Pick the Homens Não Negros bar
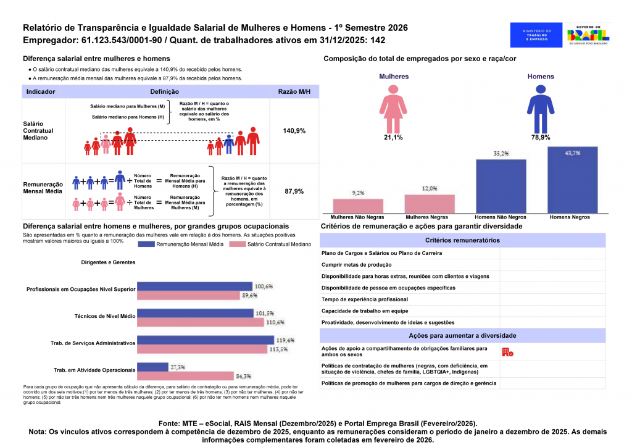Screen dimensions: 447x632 tap(501, 186)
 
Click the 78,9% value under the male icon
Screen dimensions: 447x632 tap(541, 138)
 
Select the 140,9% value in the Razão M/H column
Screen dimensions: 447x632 tap(294, 131)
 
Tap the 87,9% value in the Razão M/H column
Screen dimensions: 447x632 tap(294, 191)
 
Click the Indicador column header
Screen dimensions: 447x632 tap(41, 91)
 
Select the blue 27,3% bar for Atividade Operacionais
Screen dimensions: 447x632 tap(152, 367)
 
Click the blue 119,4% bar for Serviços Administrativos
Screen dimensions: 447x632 tap(205, 340)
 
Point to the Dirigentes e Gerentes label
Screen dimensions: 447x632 tap(108, 262)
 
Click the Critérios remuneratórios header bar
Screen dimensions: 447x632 tap(462, 240)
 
